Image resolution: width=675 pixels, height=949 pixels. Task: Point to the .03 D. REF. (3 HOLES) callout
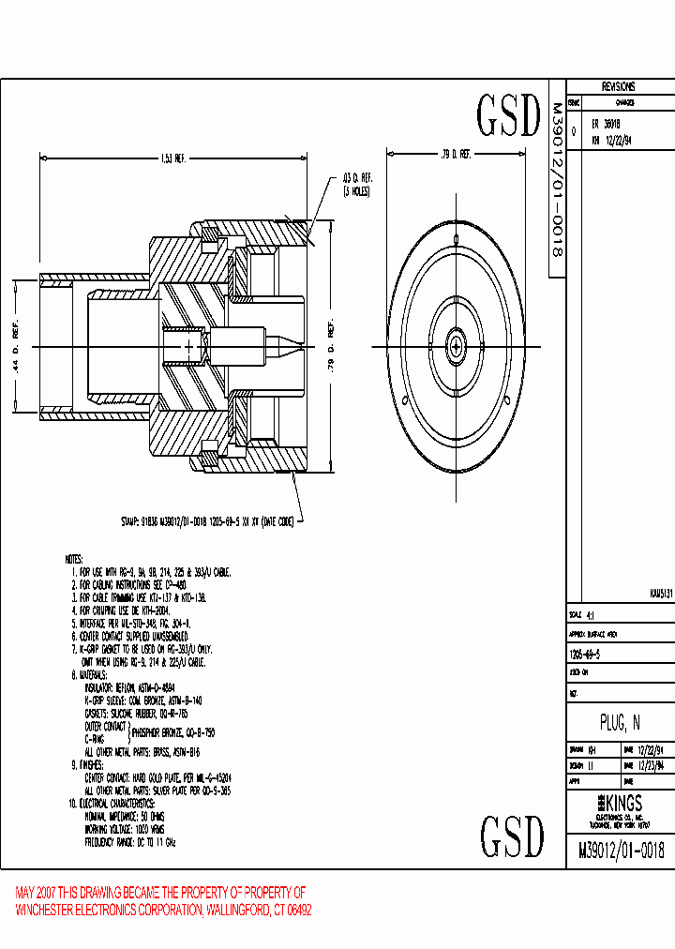(x=357, y=184)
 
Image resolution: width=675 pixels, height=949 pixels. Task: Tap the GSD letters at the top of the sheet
(x=509, y=116)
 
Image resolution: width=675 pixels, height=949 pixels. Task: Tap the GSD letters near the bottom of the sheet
(x=512, y=836)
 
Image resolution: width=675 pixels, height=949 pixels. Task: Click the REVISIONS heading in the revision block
(x=618, y=85)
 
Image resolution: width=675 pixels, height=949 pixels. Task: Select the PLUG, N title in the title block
(x=620, y=722)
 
